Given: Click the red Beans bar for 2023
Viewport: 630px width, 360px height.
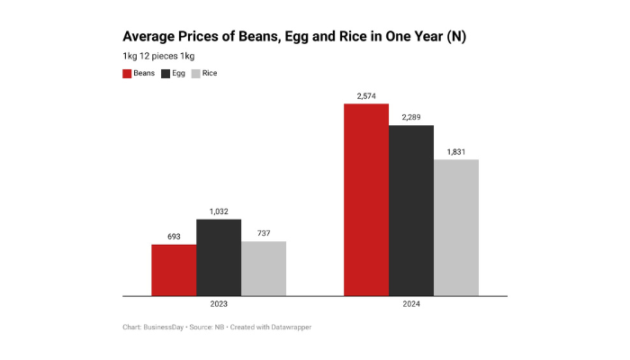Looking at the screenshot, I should [x=174, y=270].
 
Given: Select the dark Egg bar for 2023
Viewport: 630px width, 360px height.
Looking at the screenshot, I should [x=219, y=257].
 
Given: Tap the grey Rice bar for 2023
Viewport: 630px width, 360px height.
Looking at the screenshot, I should [x=264, y=268].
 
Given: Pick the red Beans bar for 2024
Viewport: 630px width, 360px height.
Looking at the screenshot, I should [x=366, y=200].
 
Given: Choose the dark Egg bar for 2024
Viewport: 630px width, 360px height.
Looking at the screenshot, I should [x=411, y=211].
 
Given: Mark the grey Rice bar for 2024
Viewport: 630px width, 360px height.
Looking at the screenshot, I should [x=456, y=228].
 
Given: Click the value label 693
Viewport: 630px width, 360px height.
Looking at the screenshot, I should [x=174, y=237].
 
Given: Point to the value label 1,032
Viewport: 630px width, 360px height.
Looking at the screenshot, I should [x=219, y=211].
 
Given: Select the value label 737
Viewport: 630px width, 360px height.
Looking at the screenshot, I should [x=264, y=233].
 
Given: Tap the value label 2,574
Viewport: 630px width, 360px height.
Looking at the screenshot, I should [x=366, y=95].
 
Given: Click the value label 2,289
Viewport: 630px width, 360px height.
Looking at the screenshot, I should [x=411, y=117].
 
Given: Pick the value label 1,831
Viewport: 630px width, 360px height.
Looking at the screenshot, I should [x=456, y=151].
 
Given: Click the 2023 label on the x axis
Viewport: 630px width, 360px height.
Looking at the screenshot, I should [x=219, y=305].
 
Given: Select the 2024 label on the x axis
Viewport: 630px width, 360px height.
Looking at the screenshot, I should [x=411, y=305].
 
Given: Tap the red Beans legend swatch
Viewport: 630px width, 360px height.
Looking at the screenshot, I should [x=127, y=73].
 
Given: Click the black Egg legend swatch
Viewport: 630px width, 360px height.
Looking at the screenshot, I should [x=166, y=73].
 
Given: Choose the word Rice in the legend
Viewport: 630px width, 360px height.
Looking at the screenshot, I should [x=209, y=73].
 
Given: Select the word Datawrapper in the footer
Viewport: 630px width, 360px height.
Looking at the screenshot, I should [x=289, y=327].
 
